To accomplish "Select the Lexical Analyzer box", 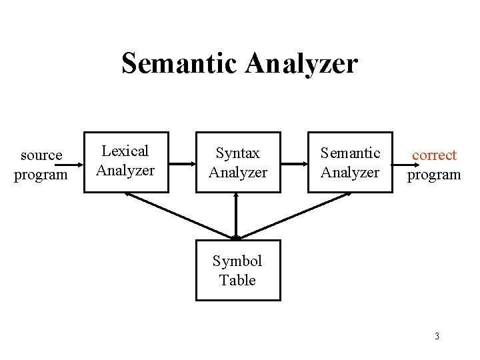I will click(x=125, y=162).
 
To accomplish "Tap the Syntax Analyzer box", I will click(x=237, y=162).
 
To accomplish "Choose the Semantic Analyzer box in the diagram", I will click(x=350, y=162).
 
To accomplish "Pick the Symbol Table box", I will click(x=237, y=270).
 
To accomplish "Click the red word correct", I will click(x=434, y=155).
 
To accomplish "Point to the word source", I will click(x=41, y=155).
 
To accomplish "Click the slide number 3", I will click(x=437, y=336).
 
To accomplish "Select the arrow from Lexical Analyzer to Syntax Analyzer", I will click(x=181, y=162).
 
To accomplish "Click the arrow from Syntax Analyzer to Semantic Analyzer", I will click(x=293, y=162).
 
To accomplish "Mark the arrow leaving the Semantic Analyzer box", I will click(x=400, y=162).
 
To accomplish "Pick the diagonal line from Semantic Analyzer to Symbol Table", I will click(x=293, y=215).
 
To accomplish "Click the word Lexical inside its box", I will click(x=125, y=151).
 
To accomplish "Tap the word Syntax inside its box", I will click(x=237, y=153).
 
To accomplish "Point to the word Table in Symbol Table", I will click(x=237, y=280).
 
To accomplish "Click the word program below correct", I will click(x=434, y=175).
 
